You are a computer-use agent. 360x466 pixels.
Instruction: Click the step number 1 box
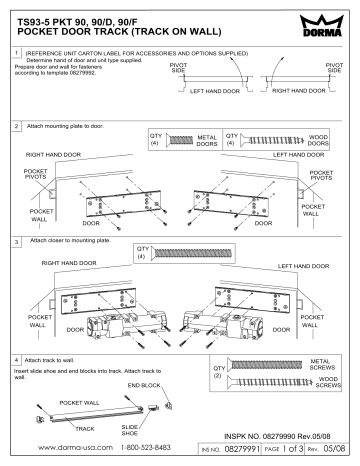pos(11,51)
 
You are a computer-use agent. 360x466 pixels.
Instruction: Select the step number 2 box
pos(11,128)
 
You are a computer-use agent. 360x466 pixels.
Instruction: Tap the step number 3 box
pos(11,242)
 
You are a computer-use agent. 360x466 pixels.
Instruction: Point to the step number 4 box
pos(11,359)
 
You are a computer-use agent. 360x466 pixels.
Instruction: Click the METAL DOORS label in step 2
pos(205,140)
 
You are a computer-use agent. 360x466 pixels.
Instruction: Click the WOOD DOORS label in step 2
pos(331,140)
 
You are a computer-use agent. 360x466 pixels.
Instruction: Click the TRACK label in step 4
pos(86,428)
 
